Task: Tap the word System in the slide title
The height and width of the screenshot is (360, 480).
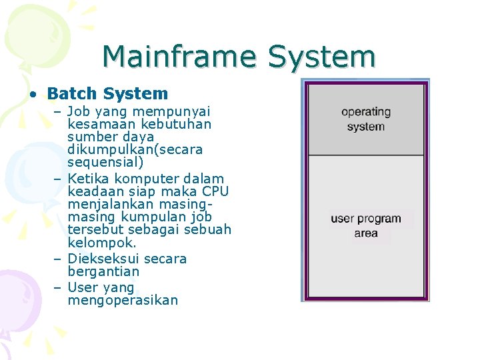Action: [322, 57]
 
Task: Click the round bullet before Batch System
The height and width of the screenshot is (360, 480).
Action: [32, 95]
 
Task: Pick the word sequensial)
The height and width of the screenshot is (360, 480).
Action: [100, 162]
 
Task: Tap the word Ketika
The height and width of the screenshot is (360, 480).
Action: [89, 179]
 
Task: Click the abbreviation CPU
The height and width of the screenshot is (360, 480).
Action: [213, 191]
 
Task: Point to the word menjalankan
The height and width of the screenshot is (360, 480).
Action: [109, 204]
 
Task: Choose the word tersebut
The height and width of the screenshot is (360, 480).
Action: [94, 229]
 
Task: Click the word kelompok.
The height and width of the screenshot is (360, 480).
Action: [101, 243]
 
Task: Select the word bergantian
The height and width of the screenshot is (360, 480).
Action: [103, 271]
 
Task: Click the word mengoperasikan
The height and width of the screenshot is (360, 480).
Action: [123, 300]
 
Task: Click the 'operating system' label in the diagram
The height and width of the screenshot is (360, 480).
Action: [366, 119]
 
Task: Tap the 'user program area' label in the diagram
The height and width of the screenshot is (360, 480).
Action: [366, 225]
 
